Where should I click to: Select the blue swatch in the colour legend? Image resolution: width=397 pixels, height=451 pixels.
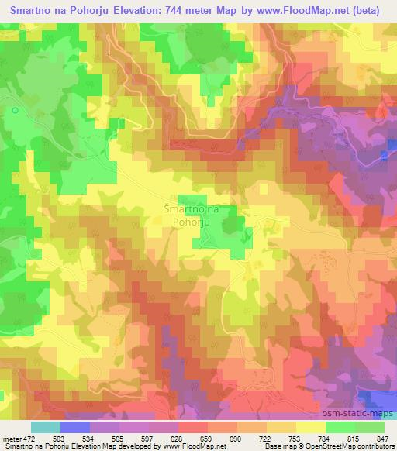point(75,427)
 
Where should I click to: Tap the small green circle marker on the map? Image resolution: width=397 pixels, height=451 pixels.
point(16,111)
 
